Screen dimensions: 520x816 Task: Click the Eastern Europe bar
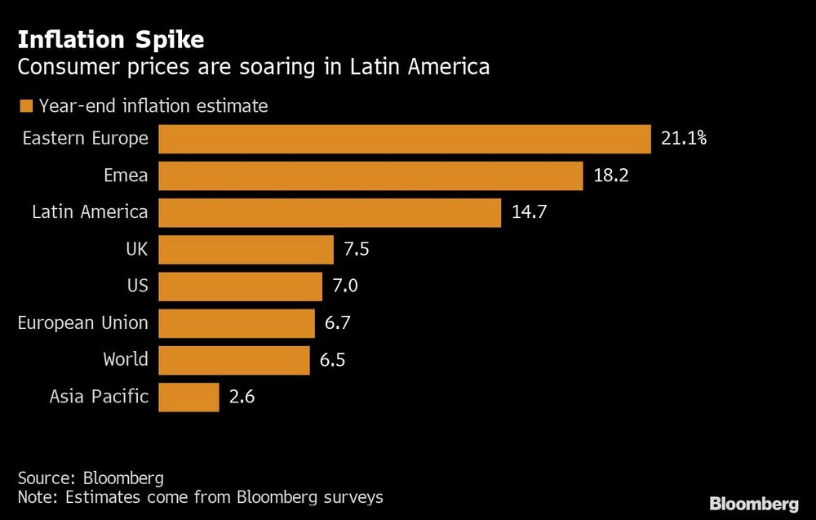pos(404,139)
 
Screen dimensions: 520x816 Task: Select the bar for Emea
pos(370,176)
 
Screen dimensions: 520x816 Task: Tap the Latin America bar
pos(330,212)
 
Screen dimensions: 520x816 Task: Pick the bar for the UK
pos(246,249)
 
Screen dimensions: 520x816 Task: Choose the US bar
pos(240,286)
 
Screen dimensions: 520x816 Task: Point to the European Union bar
pos(237,323)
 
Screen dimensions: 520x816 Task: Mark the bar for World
pos(234,360)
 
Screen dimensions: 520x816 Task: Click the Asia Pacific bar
pos(188,398)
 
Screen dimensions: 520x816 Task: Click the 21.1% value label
pos(683,139)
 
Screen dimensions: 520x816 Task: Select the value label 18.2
pos(610,176)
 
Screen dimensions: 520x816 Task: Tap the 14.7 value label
pos(529,212)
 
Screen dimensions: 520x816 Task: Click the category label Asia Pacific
pos(99,398)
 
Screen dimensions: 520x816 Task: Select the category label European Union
pos(83,323)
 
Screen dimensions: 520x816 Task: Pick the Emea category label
pos(126,176)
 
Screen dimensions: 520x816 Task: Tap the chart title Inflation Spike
pos(111,39)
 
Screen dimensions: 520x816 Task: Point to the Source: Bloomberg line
pos(91,478)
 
